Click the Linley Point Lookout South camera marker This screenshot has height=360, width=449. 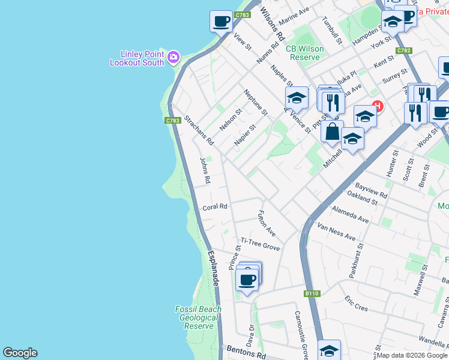(x=173, y=57)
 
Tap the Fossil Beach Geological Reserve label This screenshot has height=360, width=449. (x=198, y=317)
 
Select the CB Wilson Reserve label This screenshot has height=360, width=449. (x=304, y=53)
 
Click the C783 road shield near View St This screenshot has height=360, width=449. (x=243, y=15)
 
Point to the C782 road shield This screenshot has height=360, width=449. (x=404, y=51)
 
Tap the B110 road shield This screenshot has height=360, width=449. (x=312, y=293)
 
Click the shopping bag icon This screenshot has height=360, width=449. (x=332, y=131)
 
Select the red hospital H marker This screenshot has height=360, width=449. (x=378, y=107)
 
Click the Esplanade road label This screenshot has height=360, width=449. (x=213, y=268)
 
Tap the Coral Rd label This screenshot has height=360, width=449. (x=215, y=207)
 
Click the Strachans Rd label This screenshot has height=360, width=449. (x=199, y=131)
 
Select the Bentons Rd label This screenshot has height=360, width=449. (x=246, y=352)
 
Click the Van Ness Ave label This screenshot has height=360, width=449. (x=336, y=233)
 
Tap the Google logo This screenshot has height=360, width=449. (x=20, y=353)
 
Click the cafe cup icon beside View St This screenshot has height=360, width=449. (x=221, y=21)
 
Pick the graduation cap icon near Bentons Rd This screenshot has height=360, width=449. (x=329, y=350)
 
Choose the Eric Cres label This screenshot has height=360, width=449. (x=356, y=303)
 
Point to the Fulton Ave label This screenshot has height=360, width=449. (x=266, y=223)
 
